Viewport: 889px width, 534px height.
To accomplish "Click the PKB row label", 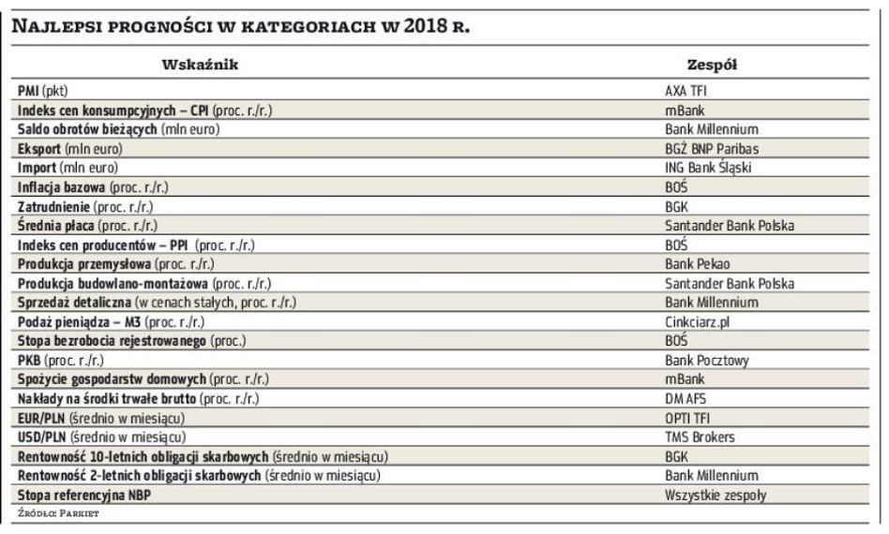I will click(61, 361).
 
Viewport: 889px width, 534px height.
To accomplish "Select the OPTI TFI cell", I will click(689, 418).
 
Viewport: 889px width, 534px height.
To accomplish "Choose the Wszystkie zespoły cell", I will click(714, 496).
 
